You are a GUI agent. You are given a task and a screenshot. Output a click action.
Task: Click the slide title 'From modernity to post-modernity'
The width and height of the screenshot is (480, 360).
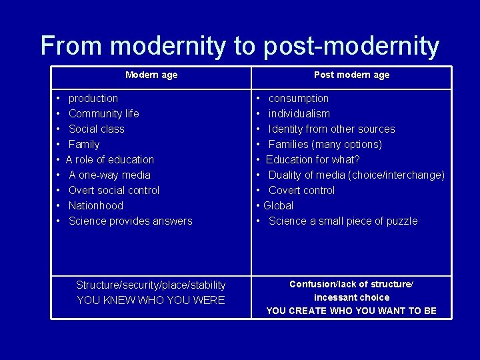click(x=240, y=46)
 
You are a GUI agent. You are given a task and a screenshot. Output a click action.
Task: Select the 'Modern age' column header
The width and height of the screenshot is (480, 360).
click(x=151, y=75)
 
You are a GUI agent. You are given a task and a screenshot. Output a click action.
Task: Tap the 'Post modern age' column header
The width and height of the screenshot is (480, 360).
click(x=351, y=75)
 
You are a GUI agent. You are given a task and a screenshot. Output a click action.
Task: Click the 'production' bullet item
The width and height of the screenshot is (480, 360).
click(x=93, y=98)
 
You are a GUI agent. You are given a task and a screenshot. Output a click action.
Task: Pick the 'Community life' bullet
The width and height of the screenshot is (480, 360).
click(x=103, y=113)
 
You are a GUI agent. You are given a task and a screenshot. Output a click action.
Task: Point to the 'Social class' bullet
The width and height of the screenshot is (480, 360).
click(x=96, y=129)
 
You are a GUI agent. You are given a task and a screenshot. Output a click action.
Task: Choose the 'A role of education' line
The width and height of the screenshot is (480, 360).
click(x=110, y=159)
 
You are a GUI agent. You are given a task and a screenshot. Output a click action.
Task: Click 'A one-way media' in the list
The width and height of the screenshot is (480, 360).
click(x=109, y=175)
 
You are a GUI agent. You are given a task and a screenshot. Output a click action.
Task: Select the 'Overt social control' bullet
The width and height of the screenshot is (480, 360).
click(x=114, y=190)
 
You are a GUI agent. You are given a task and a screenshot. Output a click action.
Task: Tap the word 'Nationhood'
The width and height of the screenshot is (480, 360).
click(x=96, y=205)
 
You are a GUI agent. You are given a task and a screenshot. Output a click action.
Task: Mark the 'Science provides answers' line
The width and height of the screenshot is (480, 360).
click(x=130, y=221)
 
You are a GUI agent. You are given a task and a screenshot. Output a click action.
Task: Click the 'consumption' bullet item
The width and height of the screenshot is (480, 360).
click(x=298, y=98)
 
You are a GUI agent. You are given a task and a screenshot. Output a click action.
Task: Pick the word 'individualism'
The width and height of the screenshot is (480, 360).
click(x=299, y=113)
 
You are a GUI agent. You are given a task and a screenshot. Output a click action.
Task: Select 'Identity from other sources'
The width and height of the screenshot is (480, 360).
click(x=331, y=129)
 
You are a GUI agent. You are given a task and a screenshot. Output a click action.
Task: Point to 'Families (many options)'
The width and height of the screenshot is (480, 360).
click(x=325, y=144)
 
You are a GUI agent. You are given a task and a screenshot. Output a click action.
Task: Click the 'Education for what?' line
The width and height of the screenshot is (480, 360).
click(x=313, y=159)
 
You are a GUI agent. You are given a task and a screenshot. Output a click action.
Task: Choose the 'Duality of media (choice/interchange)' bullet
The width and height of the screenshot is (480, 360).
click(x=356, y=175)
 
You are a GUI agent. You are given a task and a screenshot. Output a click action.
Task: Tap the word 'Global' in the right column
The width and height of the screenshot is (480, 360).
click(x=278, y=205)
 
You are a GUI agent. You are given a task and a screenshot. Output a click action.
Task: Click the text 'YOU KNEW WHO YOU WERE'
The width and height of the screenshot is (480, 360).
click(x=151, y=300)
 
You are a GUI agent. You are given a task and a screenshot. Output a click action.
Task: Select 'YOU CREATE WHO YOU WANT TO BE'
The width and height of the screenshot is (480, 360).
click(x=351, y=311)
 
